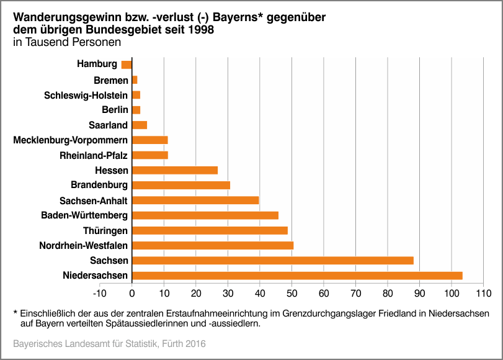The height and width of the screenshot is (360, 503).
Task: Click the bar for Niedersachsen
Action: pyautogui.click(x=297, y=276)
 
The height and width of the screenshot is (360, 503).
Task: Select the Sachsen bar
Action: pyautogui.click(x=273, y=261)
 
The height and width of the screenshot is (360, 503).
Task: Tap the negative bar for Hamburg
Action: pyautogui.click(x=127, y=65)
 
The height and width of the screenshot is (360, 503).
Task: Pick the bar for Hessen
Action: pyautogui.click(x=175, y=170)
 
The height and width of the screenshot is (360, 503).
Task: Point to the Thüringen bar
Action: pyautogui.click(x=210, y=230)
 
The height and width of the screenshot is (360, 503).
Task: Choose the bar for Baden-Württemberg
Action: pyautogui.click(x=205, y=215)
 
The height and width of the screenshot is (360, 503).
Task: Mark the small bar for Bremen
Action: pyautogui.click(x=135, y=80)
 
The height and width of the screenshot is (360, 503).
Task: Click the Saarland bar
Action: pyautogui.click(x=140, y=125)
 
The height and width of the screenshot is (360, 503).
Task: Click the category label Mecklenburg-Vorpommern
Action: pyautogui.click(x=71, y=140)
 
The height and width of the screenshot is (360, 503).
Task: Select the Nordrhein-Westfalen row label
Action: pyautogui.click(x=84, y=246)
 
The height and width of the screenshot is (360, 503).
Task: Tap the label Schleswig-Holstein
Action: pyautogui.click(x=86, y=95)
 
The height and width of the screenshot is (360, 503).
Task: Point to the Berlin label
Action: pyautogui.click(x=115, y=110)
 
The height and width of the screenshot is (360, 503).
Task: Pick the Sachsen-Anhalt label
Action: pyautogui.click(x=94, y=200)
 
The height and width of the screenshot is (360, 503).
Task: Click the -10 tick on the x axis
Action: pyautogui.click(x=100, y=292)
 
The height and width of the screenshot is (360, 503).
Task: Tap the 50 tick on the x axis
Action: pyautogui.click(x=292, y=292)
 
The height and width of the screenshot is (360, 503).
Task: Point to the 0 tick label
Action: pyautogui.click(x=132, y=292)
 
